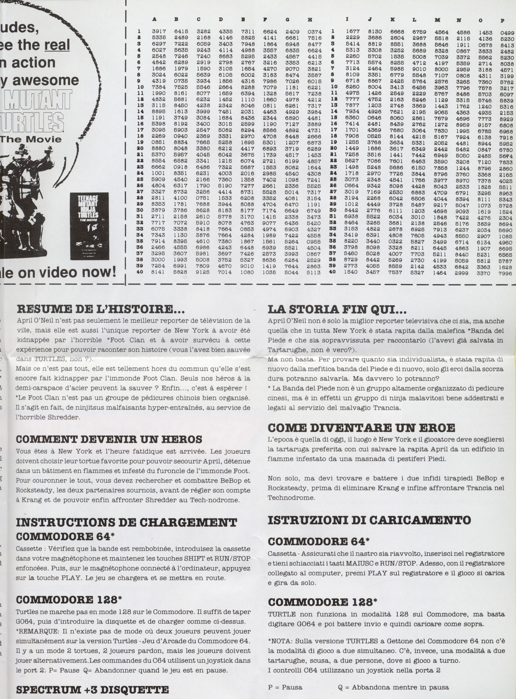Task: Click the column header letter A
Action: click(x=154, y=19)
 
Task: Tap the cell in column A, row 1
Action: click(x=159, y=32)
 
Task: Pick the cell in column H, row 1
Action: click(x=314, y=32)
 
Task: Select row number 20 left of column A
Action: click(x=140, y=148)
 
